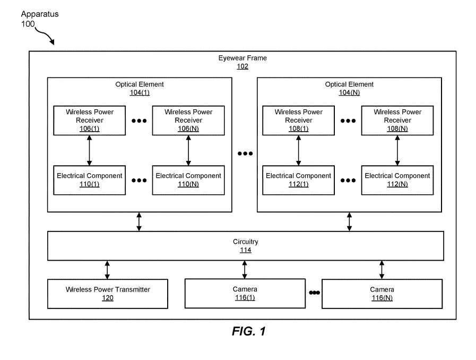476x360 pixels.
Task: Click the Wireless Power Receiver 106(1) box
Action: click(89, 121)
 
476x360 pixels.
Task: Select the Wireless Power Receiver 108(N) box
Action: click(397, 121)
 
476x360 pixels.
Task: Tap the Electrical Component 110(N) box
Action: click(188, 180)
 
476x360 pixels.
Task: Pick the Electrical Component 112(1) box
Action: click(298, 180)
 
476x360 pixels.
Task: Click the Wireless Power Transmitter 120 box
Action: click(108, 294)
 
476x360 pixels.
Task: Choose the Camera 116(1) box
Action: click(245, 294)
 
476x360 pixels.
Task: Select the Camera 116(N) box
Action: click(382, 294)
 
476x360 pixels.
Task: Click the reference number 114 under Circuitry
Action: click(246, 250)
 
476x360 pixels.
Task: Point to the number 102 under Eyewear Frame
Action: click(243, 66)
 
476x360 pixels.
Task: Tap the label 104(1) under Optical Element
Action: click(140, 93)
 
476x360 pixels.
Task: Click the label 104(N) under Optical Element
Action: click(349, 93)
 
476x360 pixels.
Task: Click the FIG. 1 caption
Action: click(249, 331)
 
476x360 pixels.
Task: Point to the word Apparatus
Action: click(40, 14)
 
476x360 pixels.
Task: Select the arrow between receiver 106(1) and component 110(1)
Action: click(89, 150)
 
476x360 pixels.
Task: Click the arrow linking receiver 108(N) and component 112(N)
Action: click(397, 150)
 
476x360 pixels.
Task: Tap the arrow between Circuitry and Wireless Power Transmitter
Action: click(107, 270)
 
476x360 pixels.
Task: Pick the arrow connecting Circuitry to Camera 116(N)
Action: click(382, 270)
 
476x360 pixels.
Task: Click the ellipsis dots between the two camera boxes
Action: click(314, 293)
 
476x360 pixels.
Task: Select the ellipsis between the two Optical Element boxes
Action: click(245, 153)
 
